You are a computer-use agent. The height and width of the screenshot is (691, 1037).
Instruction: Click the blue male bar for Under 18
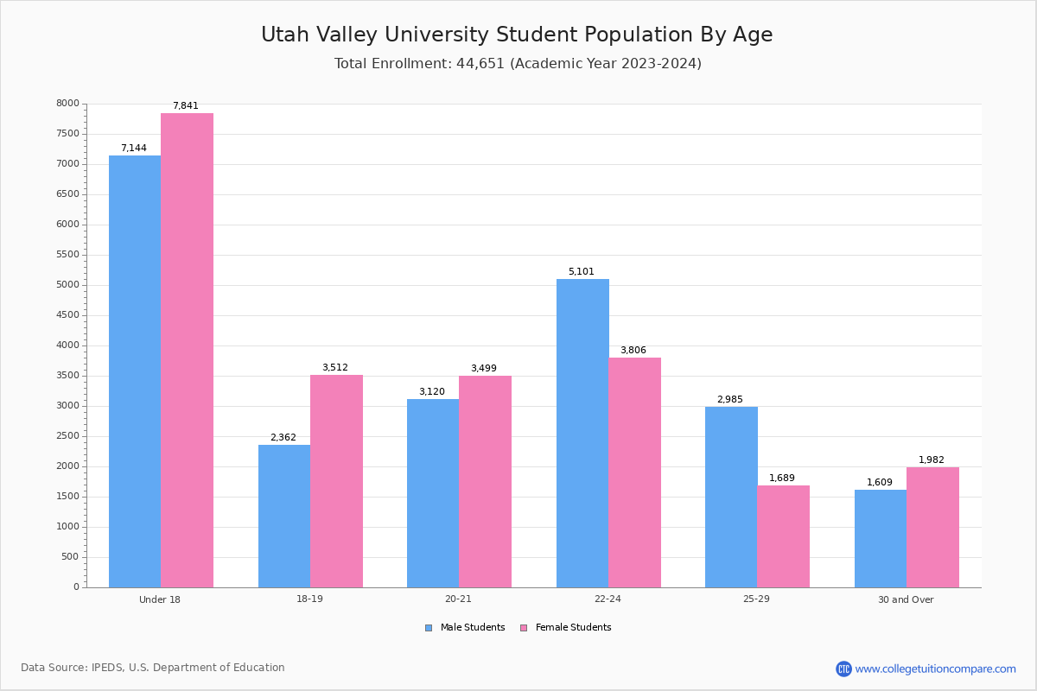tap(135, 371)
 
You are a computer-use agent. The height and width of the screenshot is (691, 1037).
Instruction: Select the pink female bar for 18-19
tap(336, 481)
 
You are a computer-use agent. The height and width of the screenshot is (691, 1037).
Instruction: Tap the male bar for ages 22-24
tap(582, 433)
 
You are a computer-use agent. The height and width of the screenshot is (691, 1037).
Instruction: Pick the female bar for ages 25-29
tap(783, 536)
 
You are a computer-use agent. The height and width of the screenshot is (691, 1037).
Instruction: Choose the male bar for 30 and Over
tap(881, 538)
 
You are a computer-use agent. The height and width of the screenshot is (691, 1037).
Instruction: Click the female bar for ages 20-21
tap(485, 481)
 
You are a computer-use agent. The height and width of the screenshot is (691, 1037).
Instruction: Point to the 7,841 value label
tap(186, 106)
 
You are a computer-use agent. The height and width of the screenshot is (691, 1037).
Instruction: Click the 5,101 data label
tap(581, 272)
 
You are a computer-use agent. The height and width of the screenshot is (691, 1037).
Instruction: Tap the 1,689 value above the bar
tap(782, 479)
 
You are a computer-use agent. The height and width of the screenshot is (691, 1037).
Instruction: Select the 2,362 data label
tap(283, 438)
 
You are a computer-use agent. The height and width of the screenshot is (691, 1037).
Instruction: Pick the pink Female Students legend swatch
tap(524, 628)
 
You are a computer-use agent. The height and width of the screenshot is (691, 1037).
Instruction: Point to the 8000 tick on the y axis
tap(68, 104)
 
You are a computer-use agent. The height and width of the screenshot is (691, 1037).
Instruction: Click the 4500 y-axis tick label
tap(68, 315)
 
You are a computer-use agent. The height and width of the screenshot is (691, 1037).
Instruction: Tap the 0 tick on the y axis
tap(76, 587)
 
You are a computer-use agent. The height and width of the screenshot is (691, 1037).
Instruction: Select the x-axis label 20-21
tap(458, 599)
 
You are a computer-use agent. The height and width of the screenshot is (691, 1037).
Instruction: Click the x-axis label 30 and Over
tap(906, 599)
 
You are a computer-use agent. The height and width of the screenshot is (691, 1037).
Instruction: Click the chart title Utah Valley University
tap(517, 35)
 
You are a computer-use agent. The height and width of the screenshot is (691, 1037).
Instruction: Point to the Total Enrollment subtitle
tap(518, 64)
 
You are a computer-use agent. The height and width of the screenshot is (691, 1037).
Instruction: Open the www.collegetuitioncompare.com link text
tap(935, 669)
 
